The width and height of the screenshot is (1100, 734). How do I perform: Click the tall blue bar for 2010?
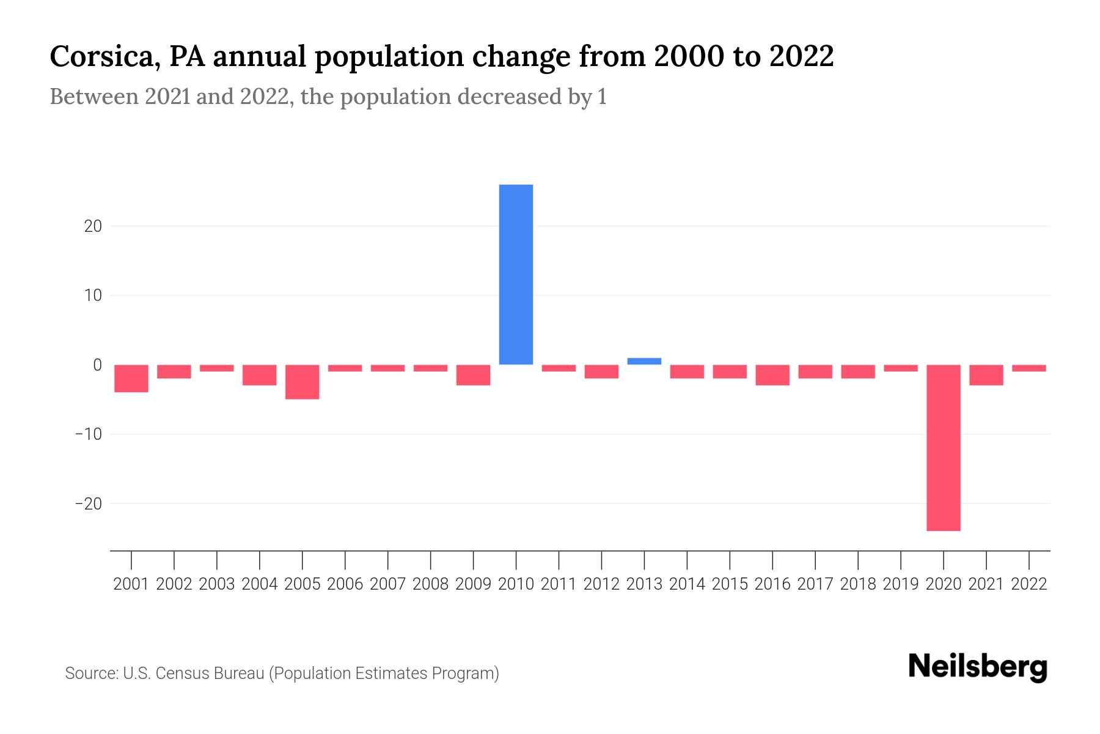click(x=516, y=275)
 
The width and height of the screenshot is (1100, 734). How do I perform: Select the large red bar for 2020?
click(x=943, y=447)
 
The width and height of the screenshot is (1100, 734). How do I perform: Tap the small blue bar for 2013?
click(x=644, y=361)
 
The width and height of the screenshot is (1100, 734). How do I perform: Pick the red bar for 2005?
click(x=302, y=382)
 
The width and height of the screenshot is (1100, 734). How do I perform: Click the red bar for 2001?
click(x=131, y=378)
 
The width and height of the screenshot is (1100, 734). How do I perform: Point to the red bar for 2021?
click(x=986, y=375)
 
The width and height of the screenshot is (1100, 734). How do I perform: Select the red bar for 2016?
click(x=772, y=375)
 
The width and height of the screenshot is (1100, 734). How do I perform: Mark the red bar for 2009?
click(x=473, y=375)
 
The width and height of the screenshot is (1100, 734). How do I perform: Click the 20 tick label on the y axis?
click(x=93, y=226)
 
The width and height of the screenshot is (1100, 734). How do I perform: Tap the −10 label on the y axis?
click(x=89, y=434)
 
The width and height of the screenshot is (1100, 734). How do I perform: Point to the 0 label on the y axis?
click(x=97, y=365)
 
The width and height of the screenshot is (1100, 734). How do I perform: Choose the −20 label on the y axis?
click(x=89, y=504)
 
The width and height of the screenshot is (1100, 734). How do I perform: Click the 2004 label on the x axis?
click(x=260, y=584)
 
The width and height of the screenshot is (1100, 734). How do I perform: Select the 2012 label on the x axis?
click(x=601, y=584)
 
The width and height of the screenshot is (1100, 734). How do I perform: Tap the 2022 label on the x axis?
click(x=1029, y=584)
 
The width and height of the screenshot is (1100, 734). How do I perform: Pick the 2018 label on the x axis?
click(x=858, y=584)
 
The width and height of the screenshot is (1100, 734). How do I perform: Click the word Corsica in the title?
click(x=105, y=57)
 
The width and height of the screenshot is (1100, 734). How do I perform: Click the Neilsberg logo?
click(x=978, y=667)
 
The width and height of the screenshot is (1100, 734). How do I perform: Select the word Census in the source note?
click(x=180, y=673)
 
